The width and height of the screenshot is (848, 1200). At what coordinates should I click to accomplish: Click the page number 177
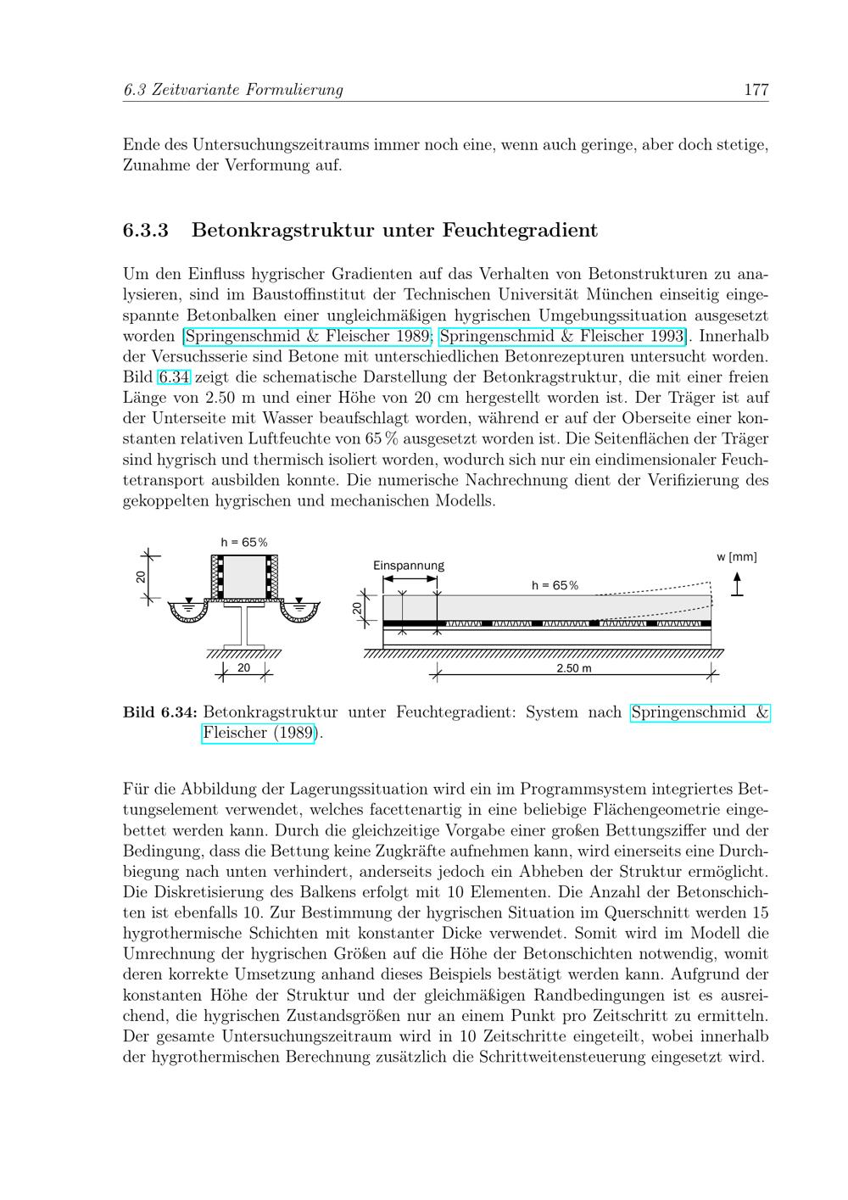756,89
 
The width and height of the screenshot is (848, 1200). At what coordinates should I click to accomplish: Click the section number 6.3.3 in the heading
146,230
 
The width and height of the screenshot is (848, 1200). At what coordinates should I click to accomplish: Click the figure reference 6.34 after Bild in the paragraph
174,377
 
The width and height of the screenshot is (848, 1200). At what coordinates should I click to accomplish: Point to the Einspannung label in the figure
408,566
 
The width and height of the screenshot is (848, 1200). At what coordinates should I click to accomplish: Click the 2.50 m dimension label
573,668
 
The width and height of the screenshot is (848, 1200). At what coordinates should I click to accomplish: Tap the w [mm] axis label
736,557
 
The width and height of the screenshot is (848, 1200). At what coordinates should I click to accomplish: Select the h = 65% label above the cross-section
244,542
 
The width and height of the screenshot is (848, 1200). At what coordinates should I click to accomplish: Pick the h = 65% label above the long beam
555,585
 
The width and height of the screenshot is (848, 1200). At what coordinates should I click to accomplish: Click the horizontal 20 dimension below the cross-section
244,668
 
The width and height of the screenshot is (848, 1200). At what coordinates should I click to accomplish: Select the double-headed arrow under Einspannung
410,579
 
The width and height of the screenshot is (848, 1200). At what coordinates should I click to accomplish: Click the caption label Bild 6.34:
160,712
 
